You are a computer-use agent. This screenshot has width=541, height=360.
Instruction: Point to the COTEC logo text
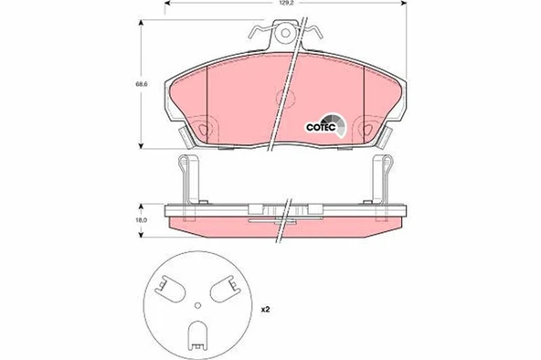[319, 126]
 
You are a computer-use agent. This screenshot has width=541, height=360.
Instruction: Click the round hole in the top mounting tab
[288, 36]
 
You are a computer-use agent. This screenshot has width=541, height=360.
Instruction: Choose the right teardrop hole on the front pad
[367, 127]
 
